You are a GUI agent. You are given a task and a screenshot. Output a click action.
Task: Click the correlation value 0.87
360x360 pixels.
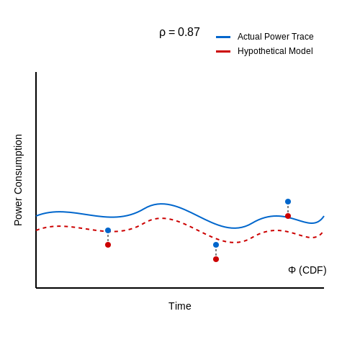pyautogui.click(x=189, y=32)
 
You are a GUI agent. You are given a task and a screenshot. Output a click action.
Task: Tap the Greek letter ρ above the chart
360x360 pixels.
pyautogui.click(x=163, y=33)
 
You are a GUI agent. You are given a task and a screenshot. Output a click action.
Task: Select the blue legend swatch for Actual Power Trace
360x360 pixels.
pyautogui.click(x=223, y=37)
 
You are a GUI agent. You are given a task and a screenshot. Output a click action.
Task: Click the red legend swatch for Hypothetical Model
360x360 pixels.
pyautogui.click(x=223, y=51)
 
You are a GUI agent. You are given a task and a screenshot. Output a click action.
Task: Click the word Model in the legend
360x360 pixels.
pyautogui.click(x=301, y=51)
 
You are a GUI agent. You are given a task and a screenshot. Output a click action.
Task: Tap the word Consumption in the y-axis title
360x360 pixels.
pyautogui.click(x=18, y=164)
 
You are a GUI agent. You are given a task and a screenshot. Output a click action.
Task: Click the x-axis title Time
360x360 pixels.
pyautogui.click(x=180, y=306)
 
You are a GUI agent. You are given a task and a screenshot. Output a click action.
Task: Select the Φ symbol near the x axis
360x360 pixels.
pyautogui.click(x=292, y=270)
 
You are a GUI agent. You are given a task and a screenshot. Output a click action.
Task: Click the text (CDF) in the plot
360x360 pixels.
pyautogui.click(x=312, y=270)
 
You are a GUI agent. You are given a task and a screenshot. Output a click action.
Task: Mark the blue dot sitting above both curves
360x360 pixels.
pyautogui.click(x=288, y=202)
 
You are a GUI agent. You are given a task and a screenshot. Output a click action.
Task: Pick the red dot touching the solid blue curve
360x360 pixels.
pyautogui.click(x=288, y=216)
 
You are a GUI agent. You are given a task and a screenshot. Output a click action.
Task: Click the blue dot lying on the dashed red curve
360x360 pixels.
pyautogui.click(x=108, y=230)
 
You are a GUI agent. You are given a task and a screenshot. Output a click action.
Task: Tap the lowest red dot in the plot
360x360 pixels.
pyautogui.click(x=216, y=259)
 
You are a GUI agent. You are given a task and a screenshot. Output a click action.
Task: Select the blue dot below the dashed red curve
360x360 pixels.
pyautogui.click(x=216, y=245)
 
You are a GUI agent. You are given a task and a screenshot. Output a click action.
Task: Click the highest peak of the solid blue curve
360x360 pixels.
pyautogui.click(x=162, y=204)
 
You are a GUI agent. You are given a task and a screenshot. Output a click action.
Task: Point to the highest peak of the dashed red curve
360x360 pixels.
pyautogui.click(x=162, y=218)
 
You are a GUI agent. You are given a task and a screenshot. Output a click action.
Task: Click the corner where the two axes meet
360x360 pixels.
pyautogui.click(x=36, y=288)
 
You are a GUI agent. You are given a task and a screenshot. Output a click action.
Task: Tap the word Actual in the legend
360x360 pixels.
pyautogui.click(x=249, y=37)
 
